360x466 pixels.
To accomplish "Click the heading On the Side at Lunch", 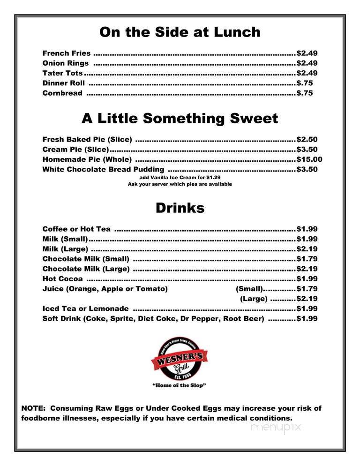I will tap(180, 32).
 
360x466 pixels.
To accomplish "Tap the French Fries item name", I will tap(66, 53).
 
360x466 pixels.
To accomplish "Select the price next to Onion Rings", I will tap(307, 63).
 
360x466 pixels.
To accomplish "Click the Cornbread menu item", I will tap(62, 93).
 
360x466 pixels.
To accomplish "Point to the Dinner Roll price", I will tap(305, 83).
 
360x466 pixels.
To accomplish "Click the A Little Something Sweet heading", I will tap(180, 119).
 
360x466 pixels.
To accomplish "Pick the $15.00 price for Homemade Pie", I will tap(309, 159).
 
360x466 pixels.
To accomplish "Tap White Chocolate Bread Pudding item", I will tap(103, 169).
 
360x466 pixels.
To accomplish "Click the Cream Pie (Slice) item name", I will tap(75, 150).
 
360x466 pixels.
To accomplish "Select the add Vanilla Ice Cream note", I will tap(180, 177).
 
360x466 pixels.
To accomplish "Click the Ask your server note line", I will tap(180, 184).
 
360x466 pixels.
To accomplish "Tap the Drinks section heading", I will tap(180, 208).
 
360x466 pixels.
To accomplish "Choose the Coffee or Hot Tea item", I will tap(76, 229).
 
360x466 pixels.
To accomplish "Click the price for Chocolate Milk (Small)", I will tap(307, 259).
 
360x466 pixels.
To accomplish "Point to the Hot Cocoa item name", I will tap(62, 279).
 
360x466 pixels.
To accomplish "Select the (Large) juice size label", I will tap(254, 299).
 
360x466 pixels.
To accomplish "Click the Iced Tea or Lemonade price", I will tap(307, 308).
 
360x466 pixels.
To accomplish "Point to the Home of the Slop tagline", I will tap(180, 386).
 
